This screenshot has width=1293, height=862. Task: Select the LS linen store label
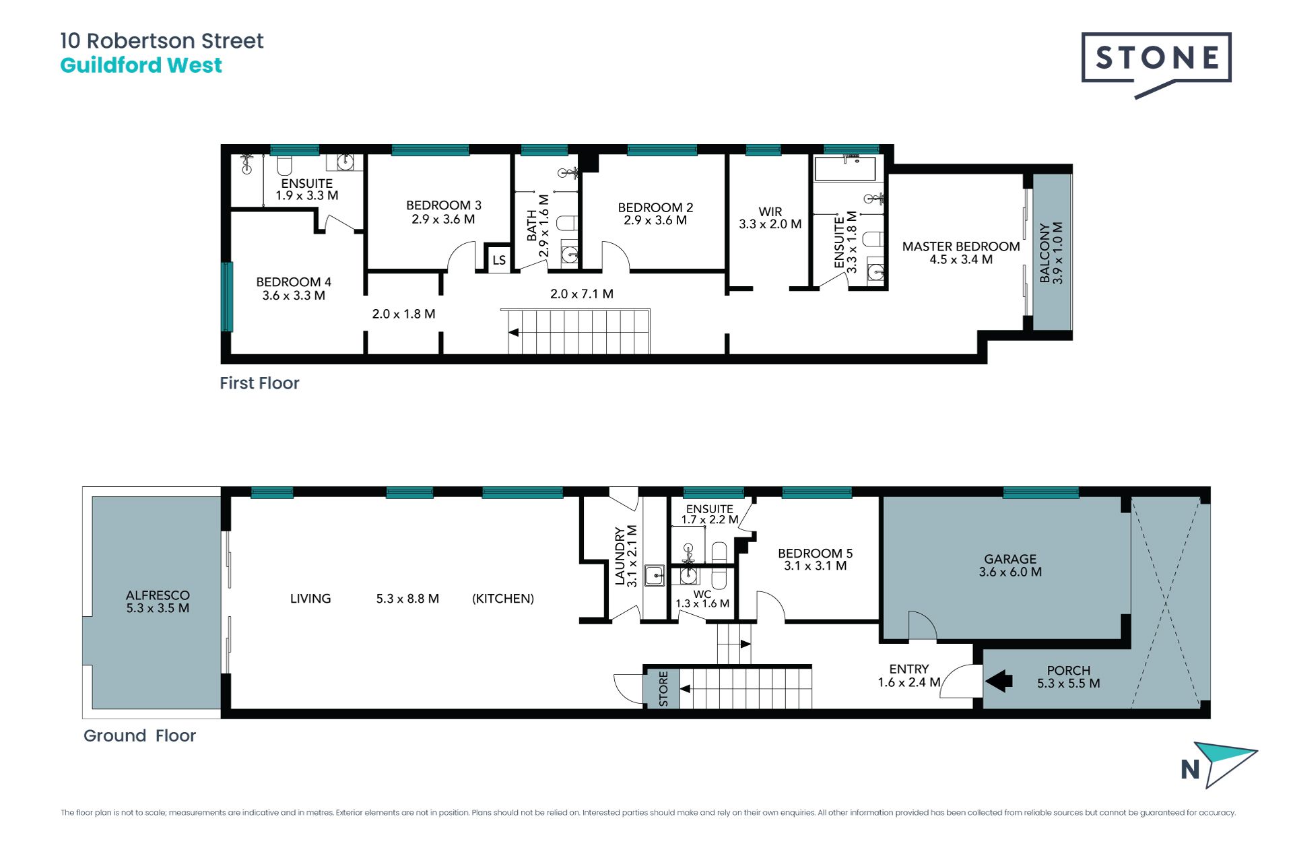click(499, 260)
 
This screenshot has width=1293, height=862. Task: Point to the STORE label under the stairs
click(663, 688)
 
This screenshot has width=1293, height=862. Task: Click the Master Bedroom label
click(961, 246)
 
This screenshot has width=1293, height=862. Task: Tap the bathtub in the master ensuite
click(845, 168)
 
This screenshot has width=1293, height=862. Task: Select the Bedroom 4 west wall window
click(227, 296)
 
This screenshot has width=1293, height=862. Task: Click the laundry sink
click(655, 576)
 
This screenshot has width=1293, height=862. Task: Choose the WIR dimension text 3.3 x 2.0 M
click(770, 224)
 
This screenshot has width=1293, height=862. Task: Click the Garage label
click(1010, 559)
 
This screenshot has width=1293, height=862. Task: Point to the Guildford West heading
click(141, 65)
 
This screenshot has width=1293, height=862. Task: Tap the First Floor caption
click(259, 383)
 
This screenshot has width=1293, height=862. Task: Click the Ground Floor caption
click(139, 735)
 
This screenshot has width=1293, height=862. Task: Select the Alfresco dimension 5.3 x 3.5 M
click(158, 608)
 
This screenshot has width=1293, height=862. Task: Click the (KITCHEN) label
click(503, 599)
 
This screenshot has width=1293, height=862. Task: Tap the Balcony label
click(1045, 253)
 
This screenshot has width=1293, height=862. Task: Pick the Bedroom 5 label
click(815, 554)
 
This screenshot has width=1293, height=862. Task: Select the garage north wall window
click(1040, 492)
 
